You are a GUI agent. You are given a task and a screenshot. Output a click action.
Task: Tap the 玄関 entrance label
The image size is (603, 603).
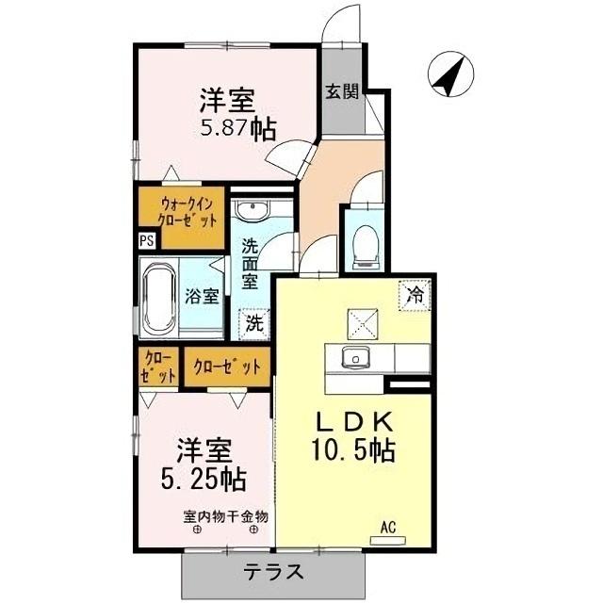coord(342,91)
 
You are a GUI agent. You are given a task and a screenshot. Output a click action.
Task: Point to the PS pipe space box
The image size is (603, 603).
coord(147,239)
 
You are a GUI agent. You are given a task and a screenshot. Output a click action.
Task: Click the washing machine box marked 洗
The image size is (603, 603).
coord(255,322)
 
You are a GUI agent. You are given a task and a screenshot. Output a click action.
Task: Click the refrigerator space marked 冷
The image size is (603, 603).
coord(415,294)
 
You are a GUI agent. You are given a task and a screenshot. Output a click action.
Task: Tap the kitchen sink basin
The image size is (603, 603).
coord(355,357)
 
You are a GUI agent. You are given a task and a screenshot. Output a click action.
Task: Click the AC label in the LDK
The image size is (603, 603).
coord(389,526)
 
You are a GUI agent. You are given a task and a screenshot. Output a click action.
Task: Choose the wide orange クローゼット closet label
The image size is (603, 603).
coord(226,367)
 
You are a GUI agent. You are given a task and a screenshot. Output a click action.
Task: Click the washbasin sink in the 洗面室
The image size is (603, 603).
coord(251,211)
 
